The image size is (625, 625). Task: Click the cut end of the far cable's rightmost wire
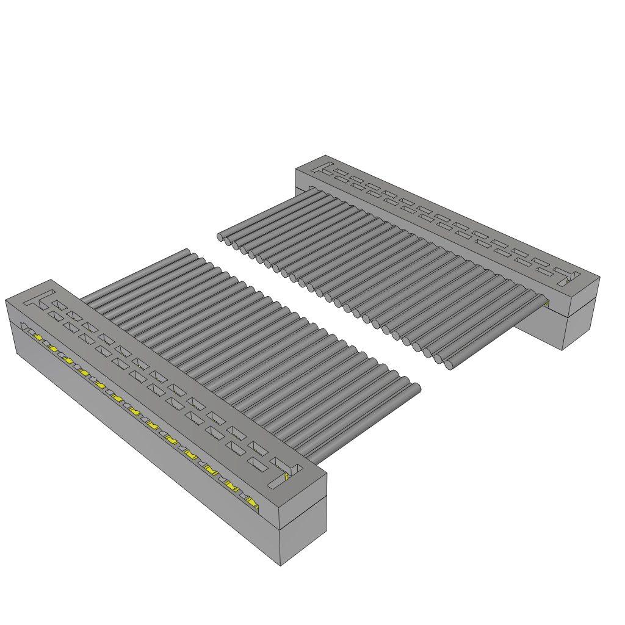(449, 366)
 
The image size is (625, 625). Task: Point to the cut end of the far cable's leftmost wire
(220, 236)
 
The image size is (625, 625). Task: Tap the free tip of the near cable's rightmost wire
(417, 388)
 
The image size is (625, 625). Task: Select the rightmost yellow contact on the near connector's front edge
(252, 502)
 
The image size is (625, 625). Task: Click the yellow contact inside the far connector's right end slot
(571, 280)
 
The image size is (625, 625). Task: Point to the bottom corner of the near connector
(281, 565)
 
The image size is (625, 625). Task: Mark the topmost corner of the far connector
(325, 155)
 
